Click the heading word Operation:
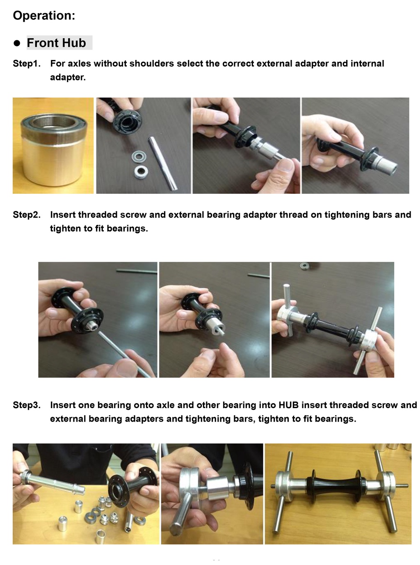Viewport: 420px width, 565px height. click(44, 16)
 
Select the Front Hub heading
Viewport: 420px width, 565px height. click(56, 43)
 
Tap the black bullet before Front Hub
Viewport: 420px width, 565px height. click(17, 43)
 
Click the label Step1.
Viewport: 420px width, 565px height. click(27, 63)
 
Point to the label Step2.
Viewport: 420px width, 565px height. click(27, 215)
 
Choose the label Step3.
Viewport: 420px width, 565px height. click(27, 405)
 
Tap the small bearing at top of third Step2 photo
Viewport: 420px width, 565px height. click(304, 266)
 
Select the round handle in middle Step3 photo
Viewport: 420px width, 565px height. click(181, 512)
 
